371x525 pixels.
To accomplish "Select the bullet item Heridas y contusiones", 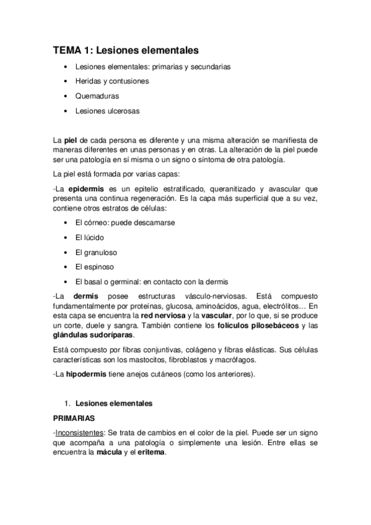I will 111,81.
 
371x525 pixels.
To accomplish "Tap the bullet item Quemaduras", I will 97,97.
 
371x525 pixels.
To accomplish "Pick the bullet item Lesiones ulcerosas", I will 107,111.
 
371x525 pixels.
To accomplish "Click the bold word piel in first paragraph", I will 71,141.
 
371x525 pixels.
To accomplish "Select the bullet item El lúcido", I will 89,237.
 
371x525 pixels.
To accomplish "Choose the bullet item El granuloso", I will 96,252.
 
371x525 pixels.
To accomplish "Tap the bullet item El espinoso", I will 95,267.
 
